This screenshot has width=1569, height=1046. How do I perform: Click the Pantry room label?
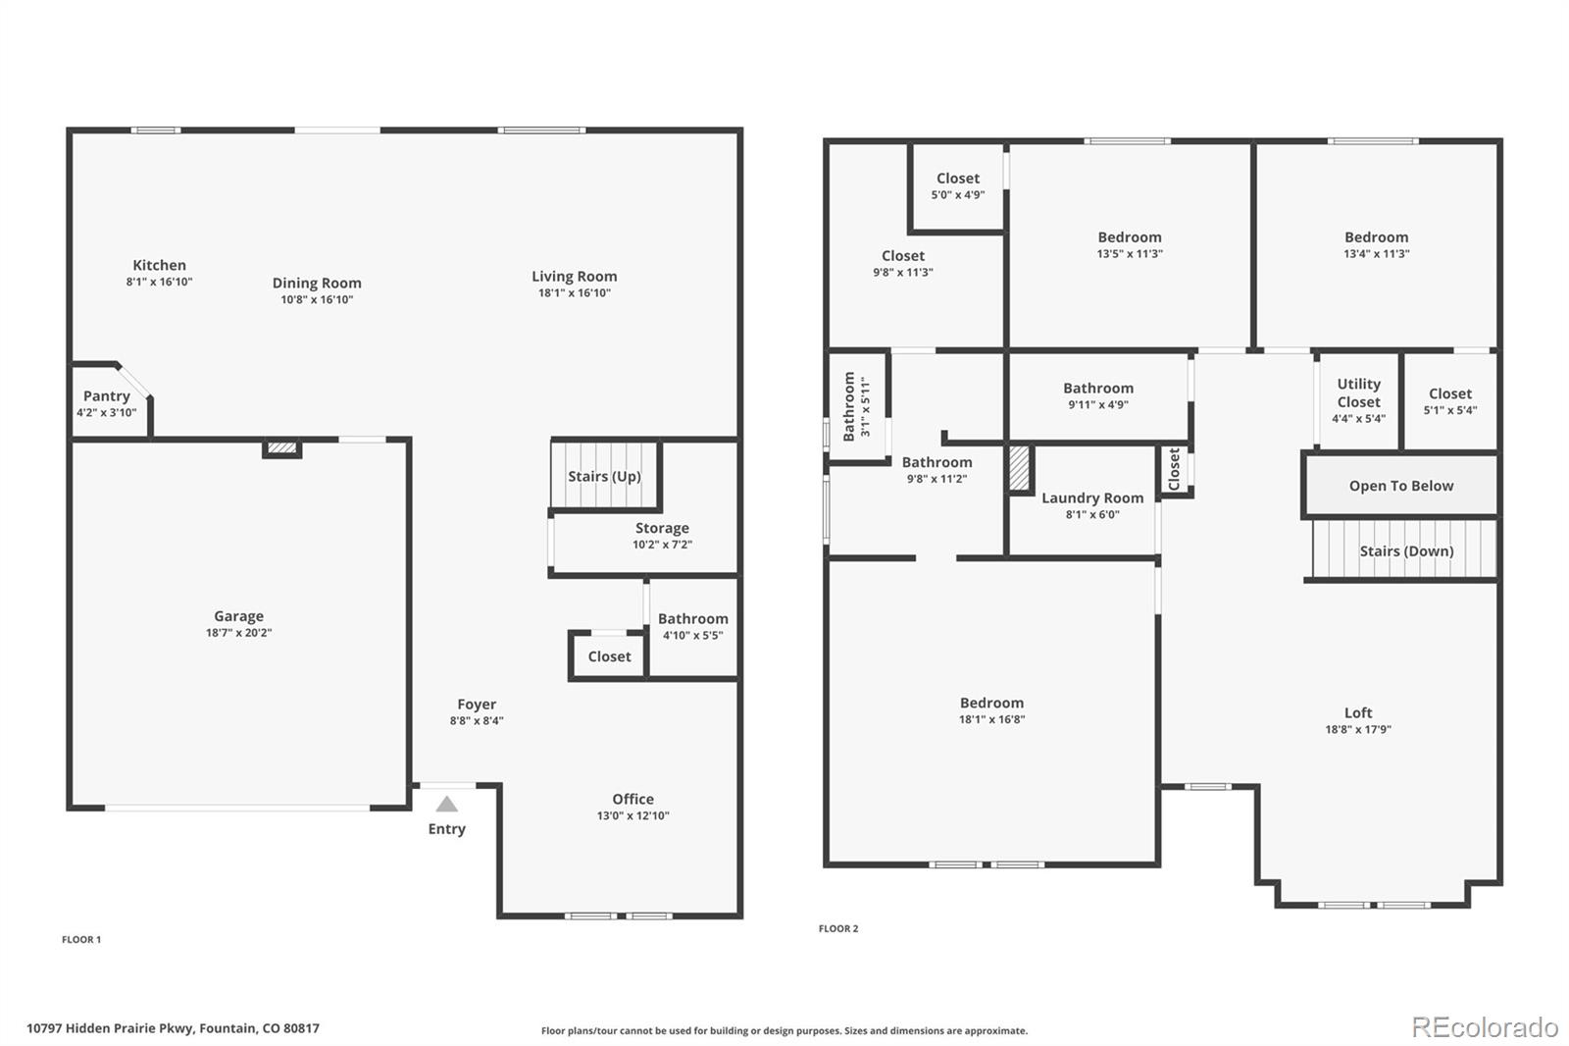pyautogui.click(x=106, y=396)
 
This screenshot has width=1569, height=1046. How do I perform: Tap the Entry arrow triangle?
pyautogui.click(x=447, y=805)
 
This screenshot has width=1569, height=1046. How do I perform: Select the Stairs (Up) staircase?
pyautogui.click(x=604, y=476)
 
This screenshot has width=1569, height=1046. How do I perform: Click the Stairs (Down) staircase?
pyautogui.click(x=1405, y=550)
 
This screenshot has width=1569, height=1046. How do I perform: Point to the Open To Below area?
pyautogui.click(x=1400, y=486)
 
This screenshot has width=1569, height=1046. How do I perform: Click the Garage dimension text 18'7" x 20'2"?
pyautogui.click(x=238, y=633)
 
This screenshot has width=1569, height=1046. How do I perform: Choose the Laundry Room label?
pyautogui.click(x=1092, y=497)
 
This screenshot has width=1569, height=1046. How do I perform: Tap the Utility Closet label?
pyautogui.click(x=1358, y=392)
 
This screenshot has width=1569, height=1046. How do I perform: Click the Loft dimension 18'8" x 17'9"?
pyautogui.click(x=1358, y=729)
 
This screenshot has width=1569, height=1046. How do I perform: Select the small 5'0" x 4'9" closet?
pyautogui.click(x=957, y=186)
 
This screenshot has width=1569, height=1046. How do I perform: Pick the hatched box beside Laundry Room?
pyautogui.click(x=1020, y=470)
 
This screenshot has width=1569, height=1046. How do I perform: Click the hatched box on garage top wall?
pyautogui.click(x=282, y=448)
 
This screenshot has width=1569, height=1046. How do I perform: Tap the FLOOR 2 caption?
pyautogui.click(x=838, y=928)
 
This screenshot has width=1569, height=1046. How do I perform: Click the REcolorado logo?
pyautogui.click(x=1485, y=1027)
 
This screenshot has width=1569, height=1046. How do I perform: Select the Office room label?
pyautogui.click(x=633, y=799)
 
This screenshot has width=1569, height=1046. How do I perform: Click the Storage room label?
pyautogui.click(x=662, y=528)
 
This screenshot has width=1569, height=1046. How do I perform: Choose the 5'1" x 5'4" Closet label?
pyautogui.click(x=1449, y=393)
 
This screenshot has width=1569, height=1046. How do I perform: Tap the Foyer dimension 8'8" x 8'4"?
pyautogui.click(x=477, y=720)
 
